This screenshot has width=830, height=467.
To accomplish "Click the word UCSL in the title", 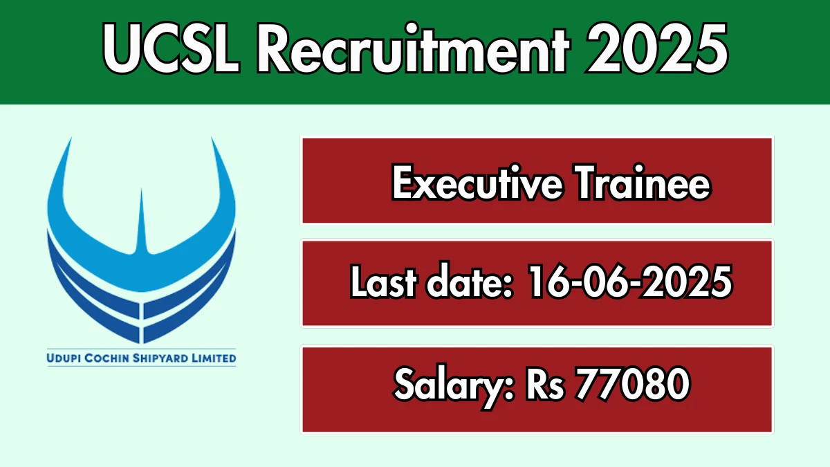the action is (x=171, y=48).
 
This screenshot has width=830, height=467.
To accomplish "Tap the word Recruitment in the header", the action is (x=412, y=48).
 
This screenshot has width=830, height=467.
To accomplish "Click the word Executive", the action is (x=477, y=183).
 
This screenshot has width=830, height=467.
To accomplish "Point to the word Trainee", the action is (x=642, y=183).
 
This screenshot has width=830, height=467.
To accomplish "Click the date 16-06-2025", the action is (x=630, y=282).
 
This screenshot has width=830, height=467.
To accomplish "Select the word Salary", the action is (x=454, y=386).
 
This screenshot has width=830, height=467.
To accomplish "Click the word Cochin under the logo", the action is (x=107, y=358).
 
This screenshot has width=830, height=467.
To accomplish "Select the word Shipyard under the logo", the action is (x=160, y=358).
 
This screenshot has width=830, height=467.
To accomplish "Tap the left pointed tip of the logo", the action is (x=71, y=138).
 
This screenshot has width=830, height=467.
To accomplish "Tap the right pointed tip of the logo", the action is (x=212, y=138).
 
